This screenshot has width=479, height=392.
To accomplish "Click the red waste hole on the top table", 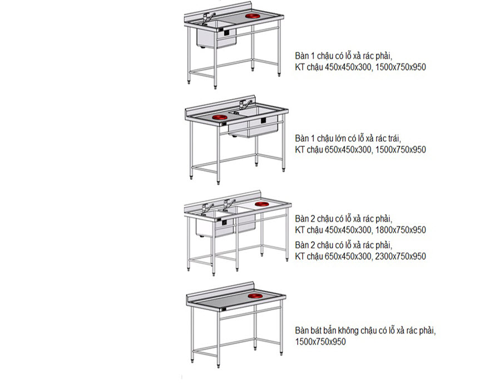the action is coord(253,16).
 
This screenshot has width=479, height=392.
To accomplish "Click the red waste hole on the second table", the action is coord(220,117).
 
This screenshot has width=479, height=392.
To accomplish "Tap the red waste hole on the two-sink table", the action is coord(262,204).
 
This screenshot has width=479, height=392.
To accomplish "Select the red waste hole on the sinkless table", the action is coord(255,296).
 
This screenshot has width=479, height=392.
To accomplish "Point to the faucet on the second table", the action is coord(245,104).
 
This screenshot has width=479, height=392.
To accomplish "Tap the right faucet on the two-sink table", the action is coord(229,204).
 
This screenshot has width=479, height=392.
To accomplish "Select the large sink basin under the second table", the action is coord(253,126).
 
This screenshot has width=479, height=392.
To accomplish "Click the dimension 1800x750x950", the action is coord(401,230).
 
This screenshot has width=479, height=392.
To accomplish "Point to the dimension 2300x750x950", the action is coord(401,256).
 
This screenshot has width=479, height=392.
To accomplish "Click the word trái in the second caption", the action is coord(394,139).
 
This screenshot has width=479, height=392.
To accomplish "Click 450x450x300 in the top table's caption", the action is coord(348,67).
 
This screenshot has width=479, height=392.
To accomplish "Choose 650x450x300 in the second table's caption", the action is coord(348,150).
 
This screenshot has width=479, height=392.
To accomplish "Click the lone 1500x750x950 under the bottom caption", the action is coord(320,341).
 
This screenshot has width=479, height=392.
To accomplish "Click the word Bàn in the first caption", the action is coord(302,56).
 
